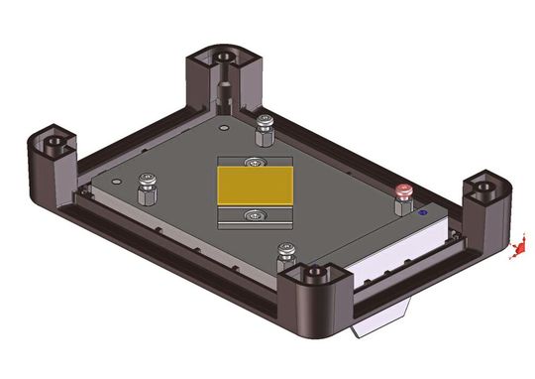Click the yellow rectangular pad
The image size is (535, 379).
[x=256, y=187]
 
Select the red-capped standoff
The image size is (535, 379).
[x=403, y=192]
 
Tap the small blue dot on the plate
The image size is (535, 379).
[x=422, y=211]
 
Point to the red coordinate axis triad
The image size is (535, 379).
[x=516, y=252]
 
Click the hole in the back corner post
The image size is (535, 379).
[x=219, y=57]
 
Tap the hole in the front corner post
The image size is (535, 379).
[x=316, y=271]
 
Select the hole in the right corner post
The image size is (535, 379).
[x=485, y=186]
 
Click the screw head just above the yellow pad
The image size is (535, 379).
[x=259, y=162]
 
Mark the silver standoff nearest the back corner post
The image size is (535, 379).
[x=264, y=124]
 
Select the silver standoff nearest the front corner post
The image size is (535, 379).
[x=287, y=249]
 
